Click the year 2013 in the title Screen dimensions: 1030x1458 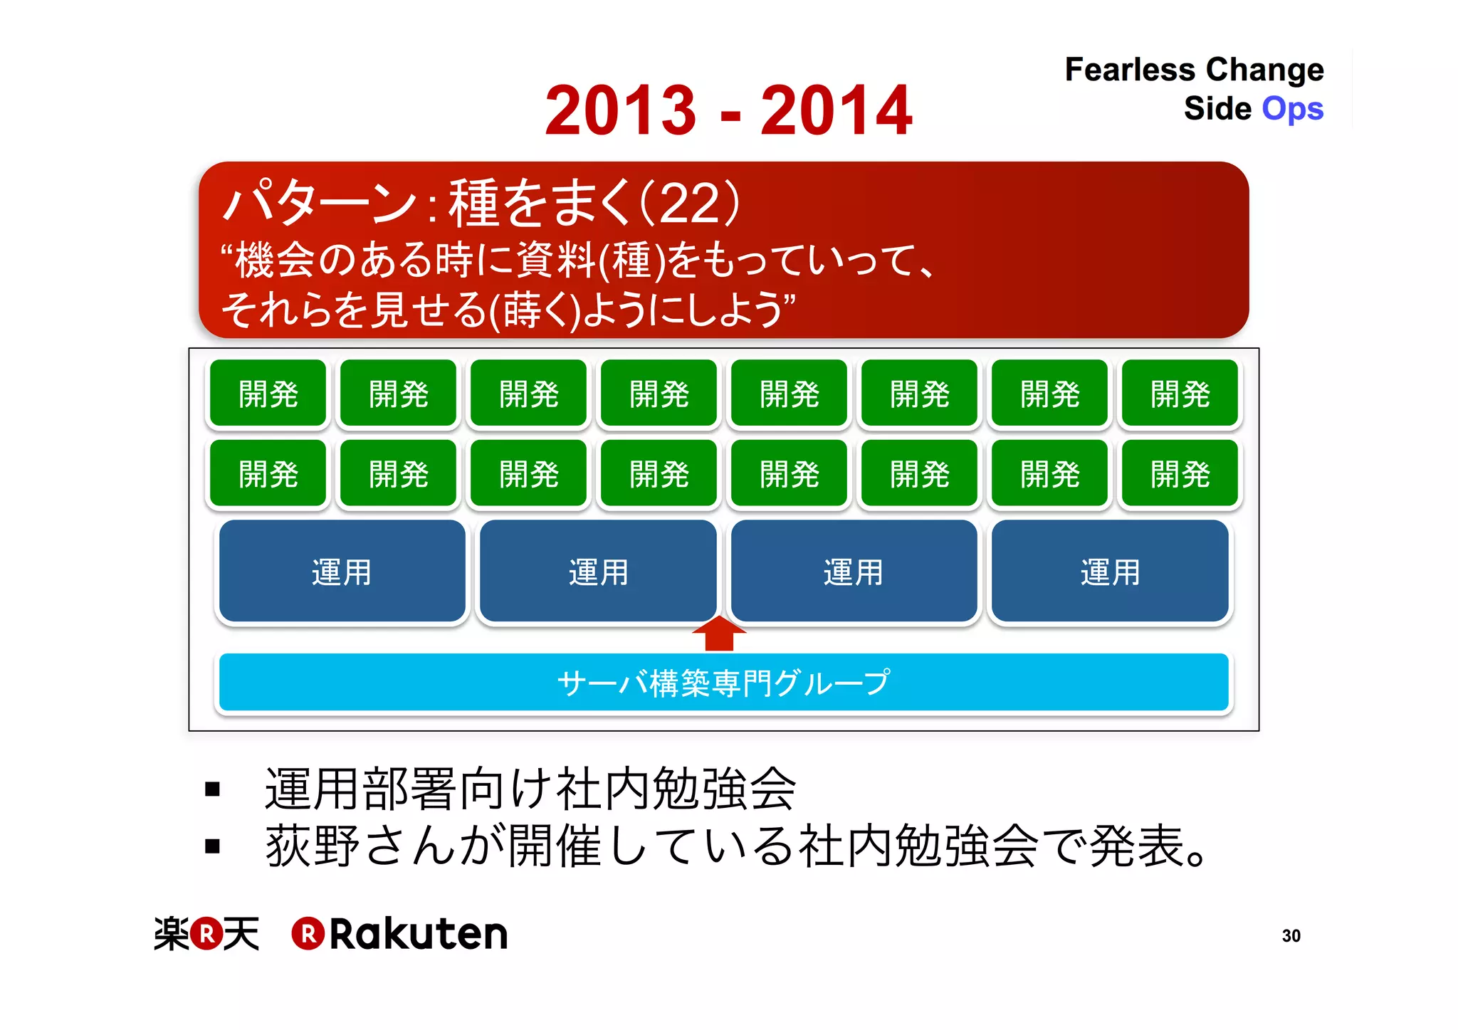[620, 110]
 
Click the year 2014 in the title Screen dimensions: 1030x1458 [836, 110]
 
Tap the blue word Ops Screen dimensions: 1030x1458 [1292, 109]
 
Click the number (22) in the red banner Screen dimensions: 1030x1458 [690, 204]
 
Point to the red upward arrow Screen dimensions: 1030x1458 [719, 633]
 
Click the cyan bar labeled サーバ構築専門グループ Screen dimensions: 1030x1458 [723, 682]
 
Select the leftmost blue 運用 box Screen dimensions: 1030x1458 [342, 572]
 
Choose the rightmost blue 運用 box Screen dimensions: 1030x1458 [1110, 572]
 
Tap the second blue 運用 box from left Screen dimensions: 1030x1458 [598, 572]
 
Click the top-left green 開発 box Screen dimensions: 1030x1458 [268, 394]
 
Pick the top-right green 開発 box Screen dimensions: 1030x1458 [1180, 394]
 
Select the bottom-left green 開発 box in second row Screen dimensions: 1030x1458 [268, 473]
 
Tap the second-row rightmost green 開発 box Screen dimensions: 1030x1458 [1180, 473]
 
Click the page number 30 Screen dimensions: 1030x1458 [1291, 935]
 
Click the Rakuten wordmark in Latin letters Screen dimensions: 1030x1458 [418, 934]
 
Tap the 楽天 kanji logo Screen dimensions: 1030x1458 [206, 933]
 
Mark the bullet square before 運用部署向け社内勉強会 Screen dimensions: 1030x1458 [212, 789]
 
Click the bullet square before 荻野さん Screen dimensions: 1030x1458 [212, 846]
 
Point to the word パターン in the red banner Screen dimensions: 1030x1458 [320, 204]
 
